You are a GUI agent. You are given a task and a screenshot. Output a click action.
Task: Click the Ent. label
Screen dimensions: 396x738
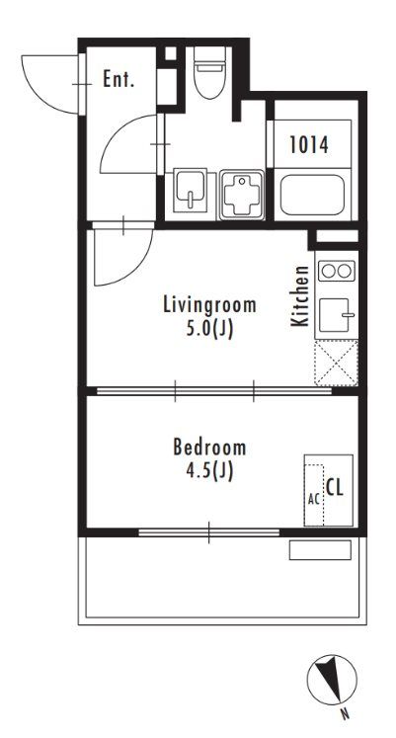click(119, 79)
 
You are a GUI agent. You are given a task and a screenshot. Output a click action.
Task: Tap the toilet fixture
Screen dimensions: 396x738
click(209, 72)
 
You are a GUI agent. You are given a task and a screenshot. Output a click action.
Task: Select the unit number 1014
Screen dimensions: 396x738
click(309, 145)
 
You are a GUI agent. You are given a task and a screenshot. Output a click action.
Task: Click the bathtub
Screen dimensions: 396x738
click(312, 195)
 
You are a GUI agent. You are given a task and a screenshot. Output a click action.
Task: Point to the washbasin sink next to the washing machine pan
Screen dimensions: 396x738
click(190, 191)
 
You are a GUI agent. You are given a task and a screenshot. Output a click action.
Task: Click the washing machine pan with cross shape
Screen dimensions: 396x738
click(241, 195)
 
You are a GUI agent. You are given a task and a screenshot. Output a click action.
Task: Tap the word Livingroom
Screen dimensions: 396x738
click(209, 305)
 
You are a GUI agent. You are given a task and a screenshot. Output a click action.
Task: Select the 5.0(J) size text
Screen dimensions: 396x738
click(209, 329)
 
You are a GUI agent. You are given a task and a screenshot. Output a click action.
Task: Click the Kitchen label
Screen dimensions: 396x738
click(300, 296)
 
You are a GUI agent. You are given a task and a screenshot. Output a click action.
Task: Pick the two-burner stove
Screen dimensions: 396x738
click(337, 271)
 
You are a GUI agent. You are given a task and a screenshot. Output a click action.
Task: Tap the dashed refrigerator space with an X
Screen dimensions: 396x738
click(337, 363)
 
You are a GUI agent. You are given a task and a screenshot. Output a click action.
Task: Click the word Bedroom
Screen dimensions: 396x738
click(209, 447)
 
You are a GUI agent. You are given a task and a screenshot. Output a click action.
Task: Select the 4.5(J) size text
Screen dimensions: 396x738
click(209, 471)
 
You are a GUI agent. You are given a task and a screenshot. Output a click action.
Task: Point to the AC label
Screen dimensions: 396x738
click(314, 499)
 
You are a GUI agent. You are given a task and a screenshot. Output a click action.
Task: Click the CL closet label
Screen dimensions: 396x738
click(335, 488)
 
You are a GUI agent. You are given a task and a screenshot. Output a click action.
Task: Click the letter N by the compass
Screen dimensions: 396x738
click(346, 714)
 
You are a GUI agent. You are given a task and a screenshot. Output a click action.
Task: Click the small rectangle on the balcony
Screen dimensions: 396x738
click(320, 549)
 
